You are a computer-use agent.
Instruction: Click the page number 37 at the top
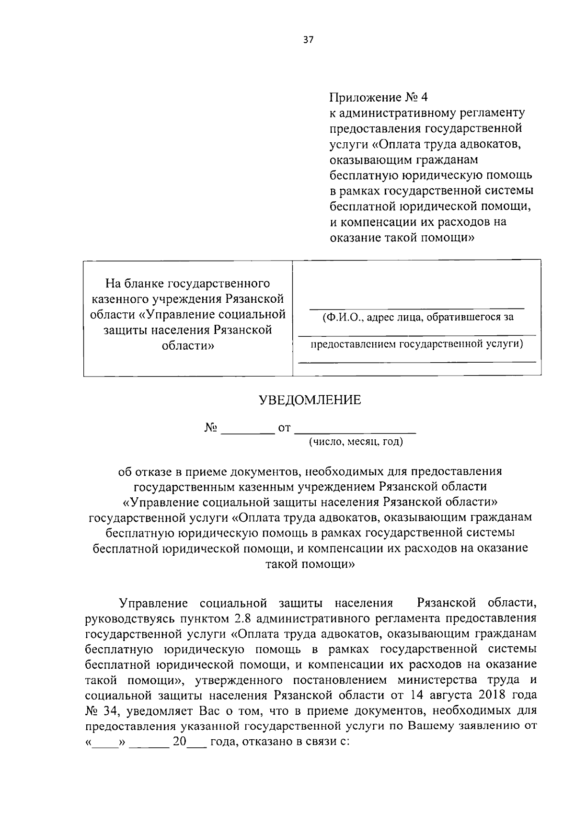[x=308, y=40]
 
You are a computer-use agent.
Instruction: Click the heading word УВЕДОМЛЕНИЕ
[x=310, y=400]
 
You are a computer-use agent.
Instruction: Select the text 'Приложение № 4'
[x=378, y=97]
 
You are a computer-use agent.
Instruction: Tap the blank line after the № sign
[x=247, y=429]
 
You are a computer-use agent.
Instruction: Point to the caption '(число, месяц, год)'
[x=356, y=442]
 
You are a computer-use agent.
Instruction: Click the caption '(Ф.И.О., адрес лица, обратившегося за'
[x=418, y=317]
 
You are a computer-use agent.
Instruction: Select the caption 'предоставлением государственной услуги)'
[x=417, y=344]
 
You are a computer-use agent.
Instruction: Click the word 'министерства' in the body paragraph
[x=436, y=680]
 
